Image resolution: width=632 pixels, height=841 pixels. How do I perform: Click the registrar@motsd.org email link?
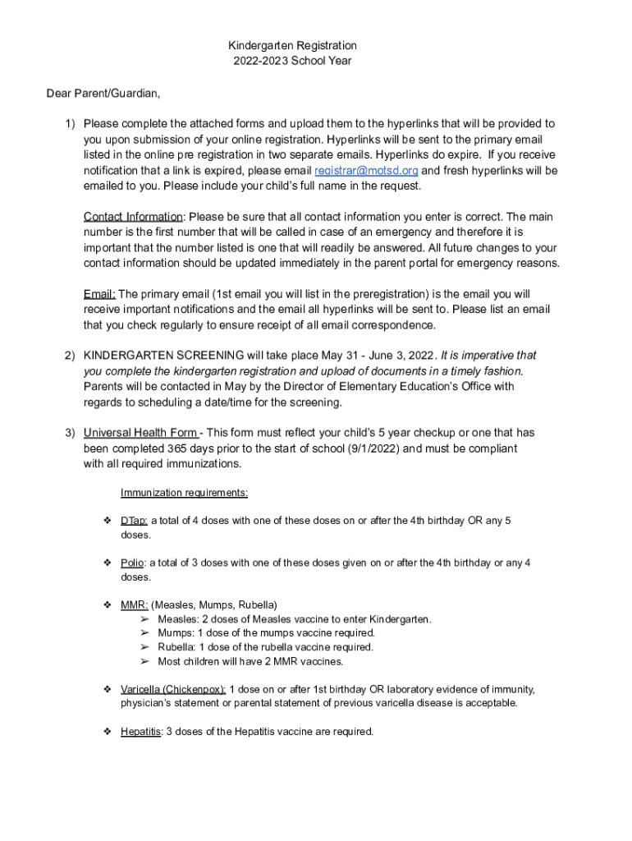[366, 171]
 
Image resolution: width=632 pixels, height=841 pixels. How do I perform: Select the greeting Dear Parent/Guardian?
[103, 93]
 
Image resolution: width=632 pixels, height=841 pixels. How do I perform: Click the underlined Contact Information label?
[133, 217]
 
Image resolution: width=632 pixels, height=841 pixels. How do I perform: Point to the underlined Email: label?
[99, 294]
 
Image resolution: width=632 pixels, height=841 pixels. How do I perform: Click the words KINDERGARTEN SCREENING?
[163, 356]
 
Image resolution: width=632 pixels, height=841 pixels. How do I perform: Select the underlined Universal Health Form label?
[140, 433]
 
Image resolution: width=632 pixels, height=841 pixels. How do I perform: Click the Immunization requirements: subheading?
[184, 493]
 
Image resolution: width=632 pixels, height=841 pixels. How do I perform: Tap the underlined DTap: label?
[134, 521]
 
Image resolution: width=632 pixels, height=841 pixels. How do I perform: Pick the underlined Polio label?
[132, 563]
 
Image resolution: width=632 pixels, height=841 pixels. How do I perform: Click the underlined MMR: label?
[135, 605]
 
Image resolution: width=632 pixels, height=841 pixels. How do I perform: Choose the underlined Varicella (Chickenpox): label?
[172, 689]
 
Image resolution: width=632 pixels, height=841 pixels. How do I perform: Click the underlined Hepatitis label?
[140, 731]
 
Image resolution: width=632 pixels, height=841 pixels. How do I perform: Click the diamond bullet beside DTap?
[107, 521]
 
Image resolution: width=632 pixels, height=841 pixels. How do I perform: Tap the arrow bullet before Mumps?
[144, 633]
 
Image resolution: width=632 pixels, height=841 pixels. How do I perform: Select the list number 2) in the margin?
[71, 356]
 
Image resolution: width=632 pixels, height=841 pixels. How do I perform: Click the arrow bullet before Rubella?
[144, 647]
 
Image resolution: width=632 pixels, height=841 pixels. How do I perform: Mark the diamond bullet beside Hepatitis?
[107, 731]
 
